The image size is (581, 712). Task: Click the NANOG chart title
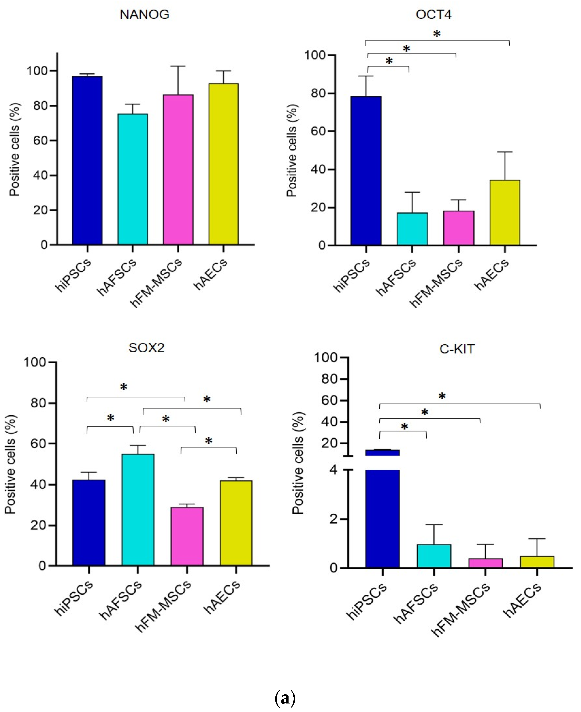[145, 14]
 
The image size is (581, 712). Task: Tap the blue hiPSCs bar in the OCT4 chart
[366, 171]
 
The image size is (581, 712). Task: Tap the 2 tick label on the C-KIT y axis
[333, 519]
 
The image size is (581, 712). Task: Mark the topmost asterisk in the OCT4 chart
[437, 34]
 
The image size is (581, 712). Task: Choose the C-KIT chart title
[457, 349]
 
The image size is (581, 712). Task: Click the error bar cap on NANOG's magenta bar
[178, 66]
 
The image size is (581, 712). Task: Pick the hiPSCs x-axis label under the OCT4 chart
[352, 275]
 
